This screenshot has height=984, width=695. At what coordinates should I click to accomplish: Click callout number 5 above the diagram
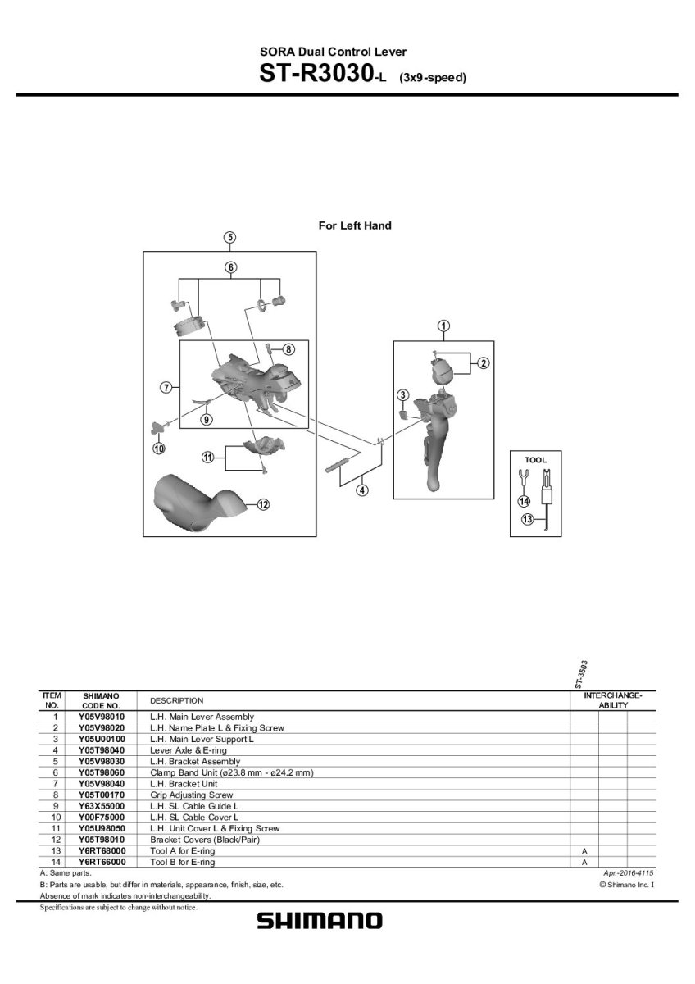tap(230, 238)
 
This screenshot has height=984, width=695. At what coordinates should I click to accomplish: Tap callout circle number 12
tap(263, 504)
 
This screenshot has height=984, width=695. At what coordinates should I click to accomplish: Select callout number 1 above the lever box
tap(443, 326)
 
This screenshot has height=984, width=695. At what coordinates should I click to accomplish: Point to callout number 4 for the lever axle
tap(362, 490)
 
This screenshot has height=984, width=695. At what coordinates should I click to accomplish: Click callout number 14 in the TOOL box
tap(524, 501)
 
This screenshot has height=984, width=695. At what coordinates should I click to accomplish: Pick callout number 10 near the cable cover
tap(158, 448)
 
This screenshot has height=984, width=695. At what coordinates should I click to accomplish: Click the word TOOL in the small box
tap(535, 460)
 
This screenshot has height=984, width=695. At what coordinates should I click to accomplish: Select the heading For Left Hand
tap(354, 225)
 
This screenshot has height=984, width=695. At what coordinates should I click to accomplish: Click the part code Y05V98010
tap(102, 717)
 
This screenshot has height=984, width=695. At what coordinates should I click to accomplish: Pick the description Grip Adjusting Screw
tap(192, 795)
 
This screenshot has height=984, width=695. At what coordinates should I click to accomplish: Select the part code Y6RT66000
tap(102, 862)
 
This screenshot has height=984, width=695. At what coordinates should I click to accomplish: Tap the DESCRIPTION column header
tap(176, 700)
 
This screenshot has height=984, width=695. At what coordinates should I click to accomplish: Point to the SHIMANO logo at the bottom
tap(320, 921)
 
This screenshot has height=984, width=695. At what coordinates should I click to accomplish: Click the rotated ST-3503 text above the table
tap(581, 673)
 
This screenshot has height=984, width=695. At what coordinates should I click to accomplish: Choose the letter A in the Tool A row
tap(584, 851)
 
